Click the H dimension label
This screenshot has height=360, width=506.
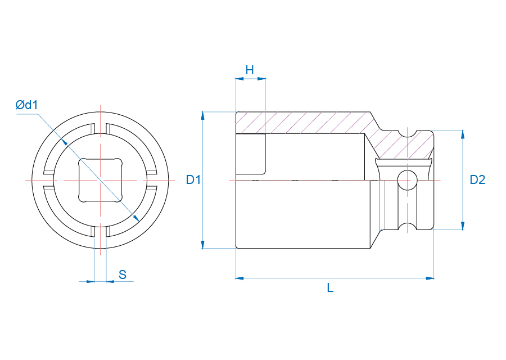pyautogui.click(x=250, y=70)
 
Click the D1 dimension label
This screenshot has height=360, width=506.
pyautogui.click(x=193, y=179)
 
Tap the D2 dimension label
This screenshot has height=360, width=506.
pyautogui.click(x=477, y=179)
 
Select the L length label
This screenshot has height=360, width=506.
pyautogui.click(x=330, y=287)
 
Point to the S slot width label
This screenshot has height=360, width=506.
pyautogui.click(x=123, y=274)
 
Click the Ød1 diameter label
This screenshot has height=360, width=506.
pyautogui.click(x=27, y=105)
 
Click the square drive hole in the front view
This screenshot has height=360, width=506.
pyautogui.click(x=101, y=180)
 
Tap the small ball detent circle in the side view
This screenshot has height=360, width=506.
pyautogui.click(x=407, y=180)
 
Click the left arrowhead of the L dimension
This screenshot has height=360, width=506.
pyautogui.click(x=240, y=278)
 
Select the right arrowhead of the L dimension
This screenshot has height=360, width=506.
pyautogui.click(x=430, y=278)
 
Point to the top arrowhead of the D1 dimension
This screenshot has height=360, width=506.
pyautogui.click(x=202, y=115)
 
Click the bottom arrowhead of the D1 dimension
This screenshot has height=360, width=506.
pyautogui.click(x=202, y=245)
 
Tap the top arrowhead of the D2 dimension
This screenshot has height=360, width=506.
pyautogui.click(x=463, y=134)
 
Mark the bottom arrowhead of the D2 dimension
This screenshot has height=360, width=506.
pyautogui.click(x=463, y=226)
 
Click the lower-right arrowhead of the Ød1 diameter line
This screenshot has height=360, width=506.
pyautogui.click(x=136, y=218)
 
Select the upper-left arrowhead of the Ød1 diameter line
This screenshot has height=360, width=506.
pyautogui.click(x=64, y=142)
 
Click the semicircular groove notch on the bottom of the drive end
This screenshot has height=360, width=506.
pyautogui.click(x=407, y=227)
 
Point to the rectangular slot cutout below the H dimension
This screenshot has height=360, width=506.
pyautogui.click(x=251, y=154)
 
